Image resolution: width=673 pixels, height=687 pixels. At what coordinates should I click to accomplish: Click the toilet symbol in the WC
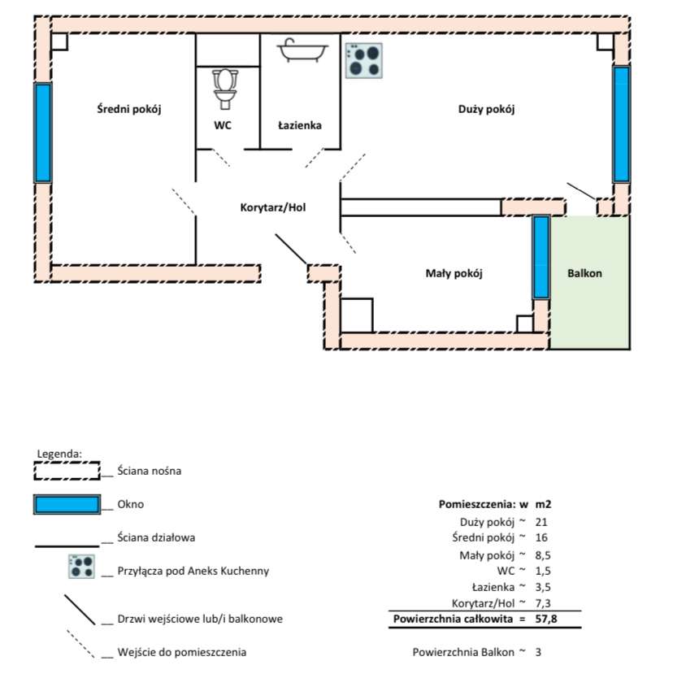click(x=225, y=88)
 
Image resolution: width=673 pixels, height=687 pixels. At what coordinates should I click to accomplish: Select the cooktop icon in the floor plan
click(x=363, y=60)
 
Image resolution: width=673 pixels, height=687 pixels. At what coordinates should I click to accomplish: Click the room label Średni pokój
click(x=129, y=109)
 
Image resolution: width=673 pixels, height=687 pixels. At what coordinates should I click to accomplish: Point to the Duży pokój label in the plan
click(x=487, y=109)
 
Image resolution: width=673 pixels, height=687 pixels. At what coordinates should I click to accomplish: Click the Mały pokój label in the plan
click(x=454, y=273)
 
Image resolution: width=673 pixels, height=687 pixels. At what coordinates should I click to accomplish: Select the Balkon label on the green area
click(x=584, y=273)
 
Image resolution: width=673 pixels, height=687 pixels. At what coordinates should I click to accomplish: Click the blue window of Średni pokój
click(x=42, y=133)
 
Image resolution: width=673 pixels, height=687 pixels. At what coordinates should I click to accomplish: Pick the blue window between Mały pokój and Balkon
click(x=541, y=257)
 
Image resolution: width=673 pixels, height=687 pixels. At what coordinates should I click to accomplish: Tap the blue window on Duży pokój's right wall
click(x=621, y=124)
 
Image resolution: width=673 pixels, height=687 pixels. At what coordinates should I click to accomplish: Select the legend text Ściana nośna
click(x=150, y=471)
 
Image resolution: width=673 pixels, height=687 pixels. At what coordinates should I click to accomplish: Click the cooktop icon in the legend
click(x=81, y=566)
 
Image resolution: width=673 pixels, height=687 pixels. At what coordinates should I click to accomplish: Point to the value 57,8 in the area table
click(x=546, y=620)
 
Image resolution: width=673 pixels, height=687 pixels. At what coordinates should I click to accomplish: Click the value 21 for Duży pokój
click(x=542, y=521)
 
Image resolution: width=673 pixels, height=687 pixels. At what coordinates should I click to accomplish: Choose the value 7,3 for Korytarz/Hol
click(x=545, y=602)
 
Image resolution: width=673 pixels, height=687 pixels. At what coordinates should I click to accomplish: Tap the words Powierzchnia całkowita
click(x=454, y=620)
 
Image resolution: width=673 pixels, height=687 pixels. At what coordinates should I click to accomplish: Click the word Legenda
click(x=59, y=453)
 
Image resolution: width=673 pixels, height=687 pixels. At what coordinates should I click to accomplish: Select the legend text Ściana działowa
click(x=156, y=537)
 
